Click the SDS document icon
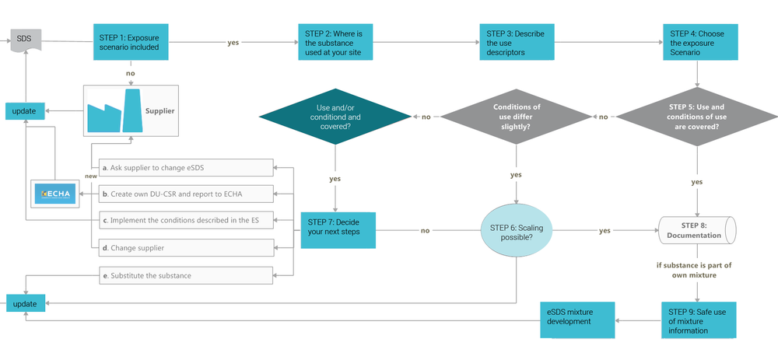point(24,40)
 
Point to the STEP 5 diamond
point(696,117)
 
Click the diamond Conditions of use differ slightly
point(517,117)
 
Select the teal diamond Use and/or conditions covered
point(335,117)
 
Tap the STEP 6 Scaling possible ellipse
point(511,231)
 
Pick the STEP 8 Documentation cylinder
point(696,230)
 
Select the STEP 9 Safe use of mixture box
point(697,320)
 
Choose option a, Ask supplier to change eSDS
point(187,167)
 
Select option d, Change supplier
point(187,248)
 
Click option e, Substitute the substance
point(187,275)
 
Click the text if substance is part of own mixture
point(694,270)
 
